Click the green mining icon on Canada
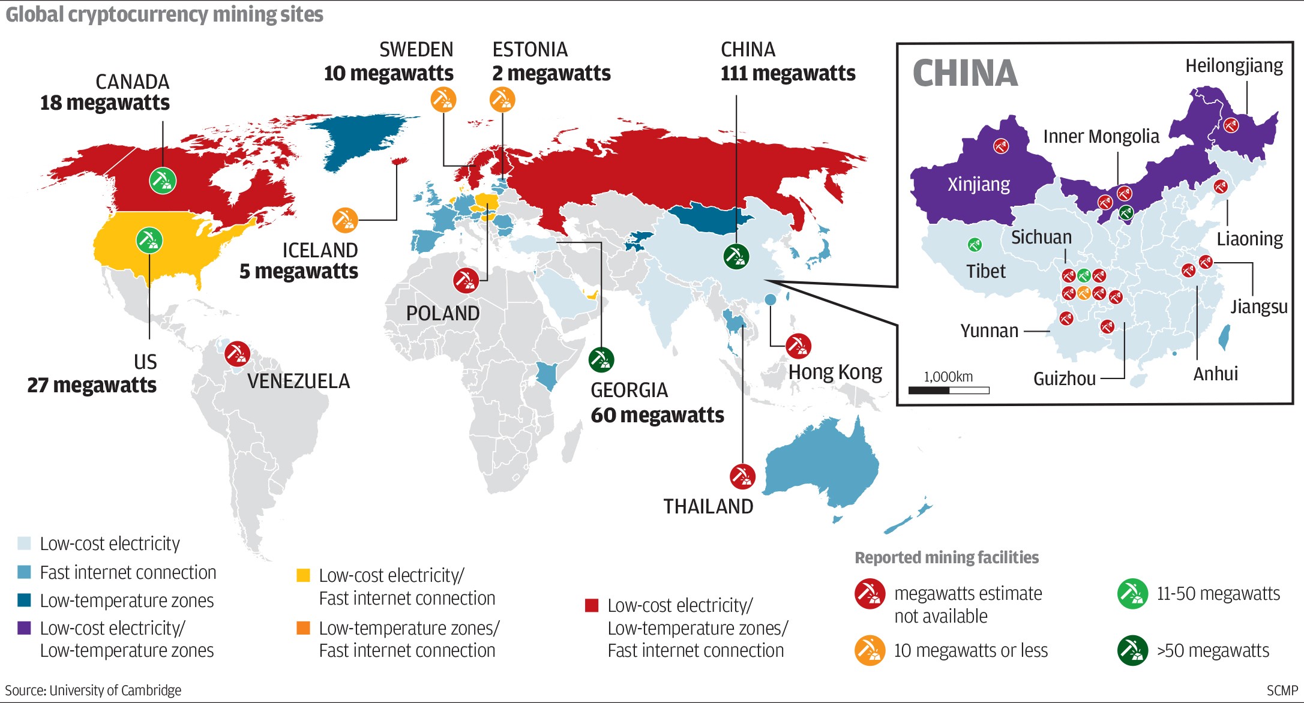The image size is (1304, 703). click(163, 180)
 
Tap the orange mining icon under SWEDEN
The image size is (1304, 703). click(443, 99)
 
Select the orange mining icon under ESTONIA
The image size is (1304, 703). click(502, 99)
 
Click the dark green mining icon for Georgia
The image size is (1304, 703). click(601, 359)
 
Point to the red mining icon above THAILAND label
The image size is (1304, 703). click(742, 477)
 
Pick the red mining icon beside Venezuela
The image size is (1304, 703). click(237, 354)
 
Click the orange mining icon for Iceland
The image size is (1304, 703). click(345, 220)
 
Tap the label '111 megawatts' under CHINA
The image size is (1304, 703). click(787, 73)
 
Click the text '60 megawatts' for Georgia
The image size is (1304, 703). click(657, 415)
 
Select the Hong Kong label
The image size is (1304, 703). click(835, 372)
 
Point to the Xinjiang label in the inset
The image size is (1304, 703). click(979, 184)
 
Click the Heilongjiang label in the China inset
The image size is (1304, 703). click(1234, 65)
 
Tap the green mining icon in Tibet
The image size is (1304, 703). click(975, 244)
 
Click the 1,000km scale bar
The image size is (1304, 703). click(949, 390)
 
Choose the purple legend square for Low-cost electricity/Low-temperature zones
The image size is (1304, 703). click(24, 628)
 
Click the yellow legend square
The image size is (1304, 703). click(303, 575)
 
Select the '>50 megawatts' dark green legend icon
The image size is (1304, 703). click(1132, 650)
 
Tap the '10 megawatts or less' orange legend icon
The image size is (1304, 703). click(870, 650)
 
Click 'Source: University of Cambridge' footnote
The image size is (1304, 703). click(93, 690)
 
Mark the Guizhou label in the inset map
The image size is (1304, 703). click(1064, 378)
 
